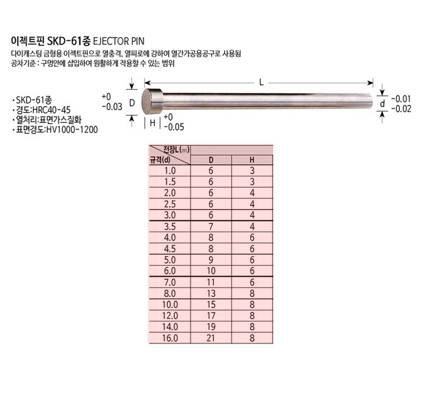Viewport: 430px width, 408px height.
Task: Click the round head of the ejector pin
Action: [x=152, y=101]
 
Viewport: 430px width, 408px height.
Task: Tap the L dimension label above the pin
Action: [x=261, y=83]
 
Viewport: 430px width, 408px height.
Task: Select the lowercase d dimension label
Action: [x=382, y=104]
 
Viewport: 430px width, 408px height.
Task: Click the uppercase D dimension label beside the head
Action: [x=132, y=103]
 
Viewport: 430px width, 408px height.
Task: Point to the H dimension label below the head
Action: [x=153, y=123]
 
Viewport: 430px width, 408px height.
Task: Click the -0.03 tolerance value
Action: [x=112, y=107]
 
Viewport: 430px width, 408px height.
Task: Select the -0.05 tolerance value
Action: [x=174, y=127]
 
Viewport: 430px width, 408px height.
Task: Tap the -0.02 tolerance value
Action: [x=401, y=109]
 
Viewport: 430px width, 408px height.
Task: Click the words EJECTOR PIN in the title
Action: [x=119, y=41]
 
